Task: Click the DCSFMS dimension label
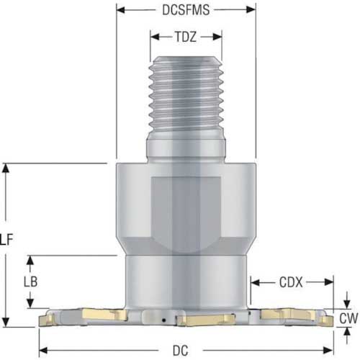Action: (x=186, y=10)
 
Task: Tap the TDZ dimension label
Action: (x=186, y=37)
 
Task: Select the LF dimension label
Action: (x=6, y=240)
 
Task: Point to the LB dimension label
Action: (x=31, y=282)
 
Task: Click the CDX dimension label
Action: (x=291, y=282)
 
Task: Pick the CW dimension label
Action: (x=348, y=318)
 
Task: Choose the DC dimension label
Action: (x=181, y=351)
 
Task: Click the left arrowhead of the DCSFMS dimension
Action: (x=121, y=10)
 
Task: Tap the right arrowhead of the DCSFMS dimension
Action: (x=251, y=10)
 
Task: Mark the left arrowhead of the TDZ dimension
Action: (x=155, y=37)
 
